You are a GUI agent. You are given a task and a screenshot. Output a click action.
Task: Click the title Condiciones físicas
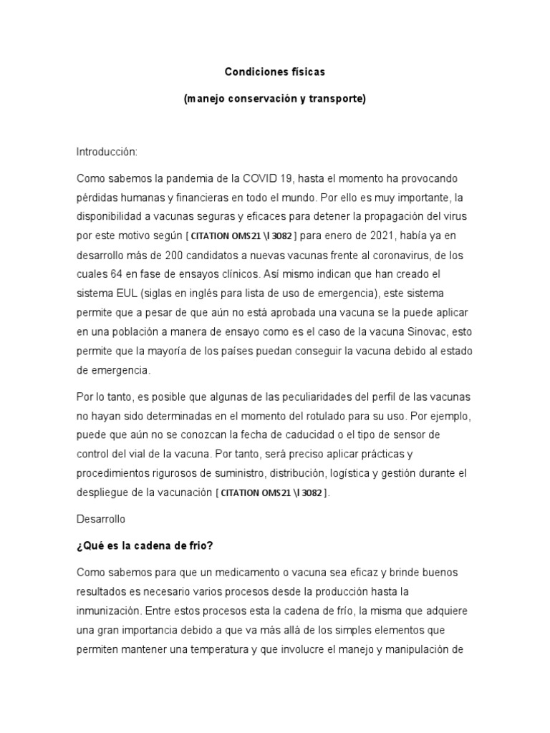[274, 72]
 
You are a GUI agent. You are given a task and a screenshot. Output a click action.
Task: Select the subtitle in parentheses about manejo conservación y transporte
[274, 99]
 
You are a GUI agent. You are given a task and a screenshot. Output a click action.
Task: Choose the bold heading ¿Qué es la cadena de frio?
[145, 545]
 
